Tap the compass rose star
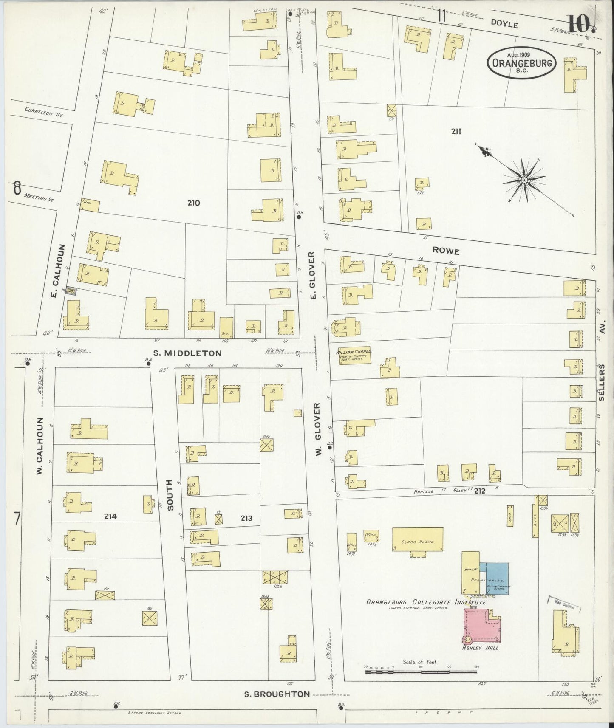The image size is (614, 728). pyautogui.click(x=525, y=180)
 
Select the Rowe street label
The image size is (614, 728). pyautogui.click(x=446, y=251)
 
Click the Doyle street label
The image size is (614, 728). pyautogui.click(x=504, y=25)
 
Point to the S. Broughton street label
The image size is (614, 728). pyautogui.click(x=277, y=694)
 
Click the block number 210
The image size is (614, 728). pyautogui.click(x=193, y=203)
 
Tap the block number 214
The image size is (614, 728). pyautogui.click(x=110, y=516)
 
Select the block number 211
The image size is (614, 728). pyautogui.click(x=456, y=132)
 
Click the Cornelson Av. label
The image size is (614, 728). pyautogui.click(x=44, y=112)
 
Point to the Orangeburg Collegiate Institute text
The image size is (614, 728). pyautogui.click(x=426, y=602)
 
